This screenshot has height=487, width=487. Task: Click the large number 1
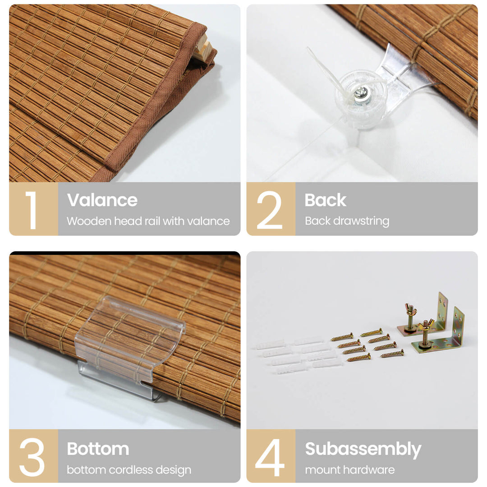32,210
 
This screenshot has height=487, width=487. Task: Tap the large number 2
269,210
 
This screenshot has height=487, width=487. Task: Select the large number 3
32,457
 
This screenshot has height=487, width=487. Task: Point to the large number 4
270,457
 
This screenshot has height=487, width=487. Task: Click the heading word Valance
102,200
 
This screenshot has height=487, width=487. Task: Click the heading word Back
325,200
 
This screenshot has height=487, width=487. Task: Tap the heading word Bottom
98,449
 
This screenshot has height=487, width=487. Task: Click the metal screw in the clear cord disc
361,94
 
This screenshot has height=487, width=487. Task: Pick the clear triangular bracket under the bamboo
401,73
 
